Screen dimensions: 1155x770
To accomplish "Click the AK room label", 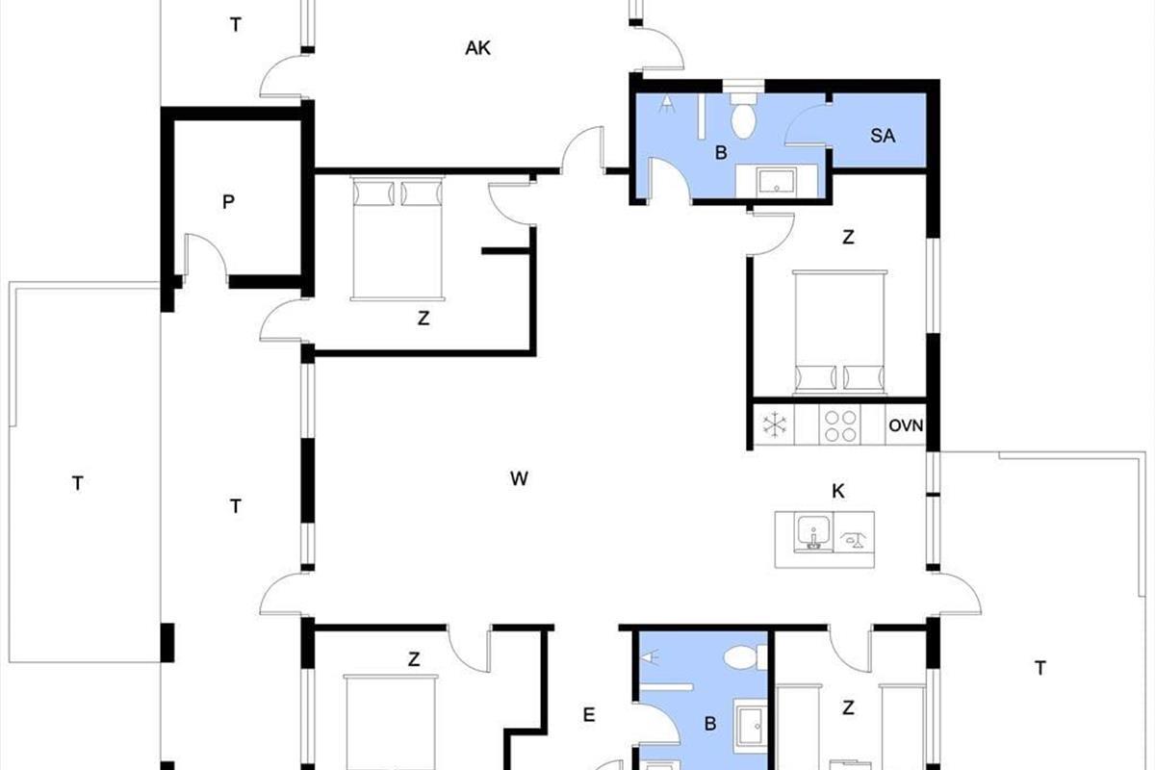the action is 477,48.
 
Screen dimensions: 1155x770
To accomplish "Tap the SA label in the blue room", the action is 883,136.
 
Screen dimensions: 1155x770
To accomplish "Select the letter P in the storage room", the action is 228,202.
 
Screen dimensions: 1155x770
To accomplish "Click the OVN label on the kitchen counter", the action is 906,425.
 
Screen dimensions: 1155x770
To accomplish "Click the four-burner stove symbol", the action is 840,426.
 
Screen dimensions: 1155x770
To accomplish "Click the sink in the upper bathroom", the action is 777,182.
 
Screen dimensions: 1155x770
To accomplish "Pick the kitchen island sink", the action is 813,531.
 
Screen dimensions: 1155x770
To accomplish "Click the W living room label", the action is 519,478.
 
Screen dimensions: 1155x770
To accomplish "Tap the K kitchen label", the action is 838,492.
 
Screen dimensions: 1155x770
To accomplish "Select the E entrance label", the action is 589,715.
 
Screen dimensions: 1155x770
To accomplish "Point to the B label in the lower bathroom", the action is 710,724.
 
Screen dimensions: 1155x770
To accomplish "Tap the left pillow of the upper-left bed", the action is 373,193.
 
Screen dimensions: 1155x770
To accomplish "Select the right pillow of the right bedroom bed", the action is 863,378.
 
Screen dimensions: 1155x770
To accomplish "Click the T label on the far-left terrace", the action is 77,484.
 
